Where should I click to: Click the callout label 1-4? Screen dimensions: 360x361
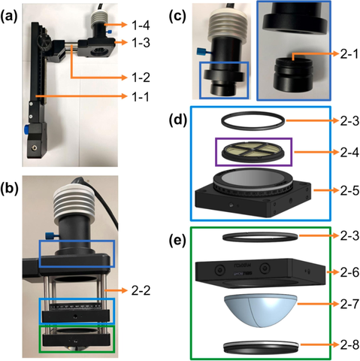[141, 25]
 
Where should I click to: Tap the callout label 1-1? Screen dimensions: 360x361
[141, 96]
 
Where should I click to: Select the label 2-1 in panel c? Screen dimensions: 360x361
[349, 54]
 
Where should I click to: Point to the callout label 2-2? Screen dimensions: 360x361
[141, 290]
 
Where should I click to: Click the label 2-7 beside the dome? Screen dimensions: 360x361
[349, 304]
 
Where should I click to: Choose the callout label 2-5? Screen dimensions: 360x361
[349, 190]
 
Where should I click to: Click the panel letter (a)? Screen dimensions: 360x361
[9, 17]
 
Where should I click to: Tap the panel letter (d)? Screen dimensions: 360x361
[178, 120]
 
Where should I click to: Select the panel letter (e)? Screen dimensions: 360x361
[178, 241]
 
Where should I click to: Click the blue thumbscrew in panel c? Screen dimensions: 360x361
[201, 52]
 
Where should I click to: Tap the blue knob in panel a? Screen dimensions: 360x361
[26, 129]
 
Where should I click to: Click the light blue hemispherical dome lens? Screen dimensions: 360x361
[261, 311]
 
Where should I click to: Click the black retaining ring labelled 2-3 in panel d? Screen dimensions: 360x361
[253, 120]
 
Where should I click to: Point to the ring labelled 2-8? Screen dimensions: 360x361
[261, 347]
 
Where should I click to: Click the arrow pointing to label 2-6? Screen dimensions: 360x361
[333, 272]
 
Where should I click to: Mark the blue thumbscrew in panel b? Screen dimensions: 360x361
[51, 235]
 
